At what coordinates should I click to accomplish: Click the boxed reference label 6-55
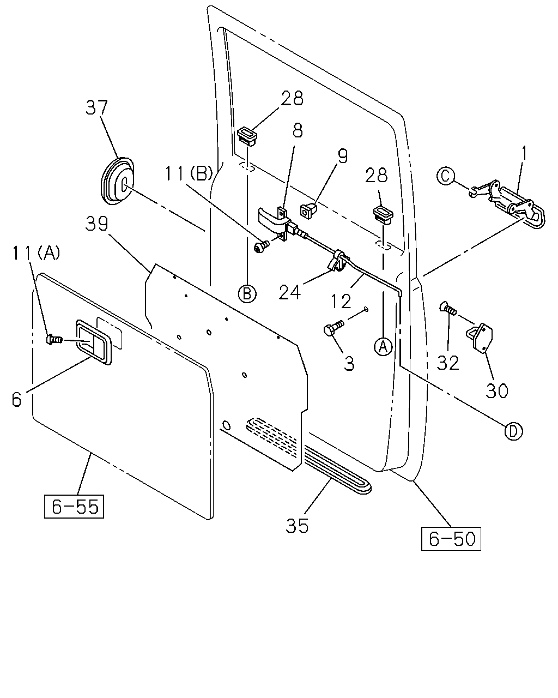[74, 506]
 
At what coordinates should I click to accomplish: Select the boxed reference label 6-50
[451, 539]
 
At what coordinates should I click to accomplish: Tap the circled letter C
[446, 176]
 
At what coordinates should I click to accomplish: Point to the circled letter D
[513, 431]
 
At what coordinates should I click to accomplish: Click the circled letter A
[383, 346]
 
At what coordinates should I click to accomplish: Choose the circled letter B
[247, 293]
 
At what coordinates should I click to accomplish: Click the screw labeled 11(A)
[54, 340]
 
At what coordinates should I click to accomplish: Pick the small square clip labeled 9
[308, 211]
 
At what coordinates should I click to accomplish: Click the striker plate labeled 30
[479, 337]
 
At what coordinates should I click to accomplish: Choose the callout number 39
[96, 224]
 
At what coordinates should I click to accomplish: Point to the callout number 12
[341, 302]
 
